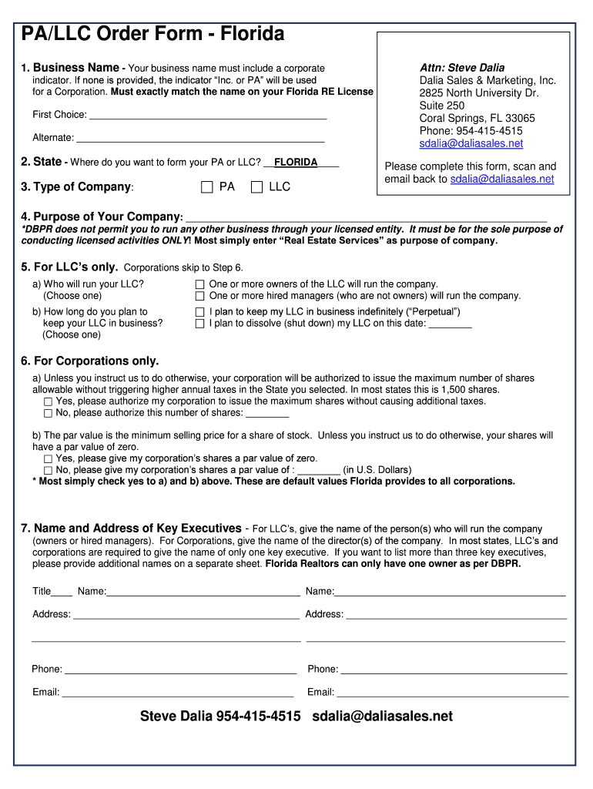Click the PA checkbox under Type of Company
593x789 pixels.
[x=206, y=186]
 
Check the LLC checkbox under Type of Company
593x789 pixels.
[x=256, y=186]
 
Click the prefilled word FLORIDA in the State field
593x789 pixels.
[x=296, y=163]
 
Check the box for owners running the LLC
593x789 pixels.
[x=200, y=284]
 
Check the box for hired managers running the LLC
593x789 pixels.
[x=200, y=296]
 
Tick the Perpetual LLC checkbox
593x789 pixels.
[x=200, y=312]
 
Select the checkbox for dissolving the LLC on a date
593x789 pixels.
[x=200, y=324]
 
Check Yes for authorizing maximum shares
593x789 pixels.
[x=49, y=401]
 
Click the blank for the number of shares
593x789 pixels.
[x=266, y=414]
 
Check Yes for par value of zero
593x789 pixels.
[x=49, y=458]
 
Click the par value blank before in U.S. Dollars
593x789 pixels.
[x=318, y=471]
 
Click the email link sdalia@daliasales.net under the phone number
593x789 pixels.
[x=471, y=143]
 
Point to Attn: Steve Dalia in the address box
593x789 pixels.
[x=461, y=68]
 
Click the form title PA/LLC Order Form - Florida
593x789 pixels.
[x=152, y=34]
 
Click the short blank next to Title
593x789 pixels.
[x=63, y=593]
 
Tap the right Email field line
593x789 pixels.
[x=452, y=693]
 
